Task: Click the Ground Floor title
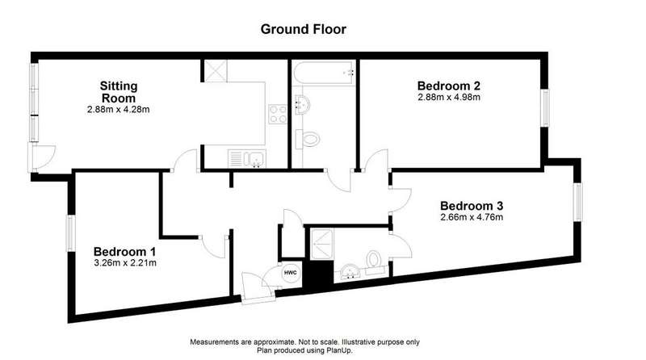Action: pyautogui.click(x=304, y=29)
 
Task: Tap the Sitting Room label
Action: pyautogui.click(x=119, y=92)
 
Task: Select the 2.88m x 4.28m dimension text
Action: pyautogui.click(x=118, y=110)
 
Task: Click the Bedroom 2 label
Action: pyautogui.click(x=449, y=86)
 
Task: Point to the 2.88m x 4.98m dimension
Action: pyautogui.click(x=449, y=98)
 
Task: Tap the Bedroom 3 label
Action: pyautogui.click(x=472, y=206)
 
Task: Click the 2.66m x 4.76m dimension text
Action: pyautogui.click(x=472, y=217)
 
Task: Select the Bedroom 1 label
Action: pyautogui.click(x=124, y=252)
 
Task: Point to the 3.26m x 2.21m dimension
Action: pyautogui.click(x=125, y=263)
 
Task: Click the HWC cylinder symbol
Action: pyautogui.click(x=291, y=273)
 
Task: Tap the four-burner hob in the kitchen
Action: pyautogui.click(x=278, y=114)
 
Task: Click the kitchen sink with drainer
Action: pyautogui.click(x=247, y=158)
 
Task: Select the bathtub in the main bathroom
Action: pyautogui.click(x=324, y=73)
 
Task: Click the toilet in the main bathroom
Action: pyautogui.click(x=308, y=139)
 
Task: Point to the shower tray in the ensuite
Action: pyautogui.click(x=321, y=245)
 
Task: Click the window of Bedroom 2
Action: pyautogui.click(x=545, y=108)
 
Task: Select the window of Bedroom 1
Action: pyautogui.click(x=71, y=233)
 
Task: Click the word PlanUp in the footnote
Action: pyautogui.click(x=339, y=351)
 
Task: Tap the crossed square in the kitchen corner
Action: pyautogui.click(x=216, y=71)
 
